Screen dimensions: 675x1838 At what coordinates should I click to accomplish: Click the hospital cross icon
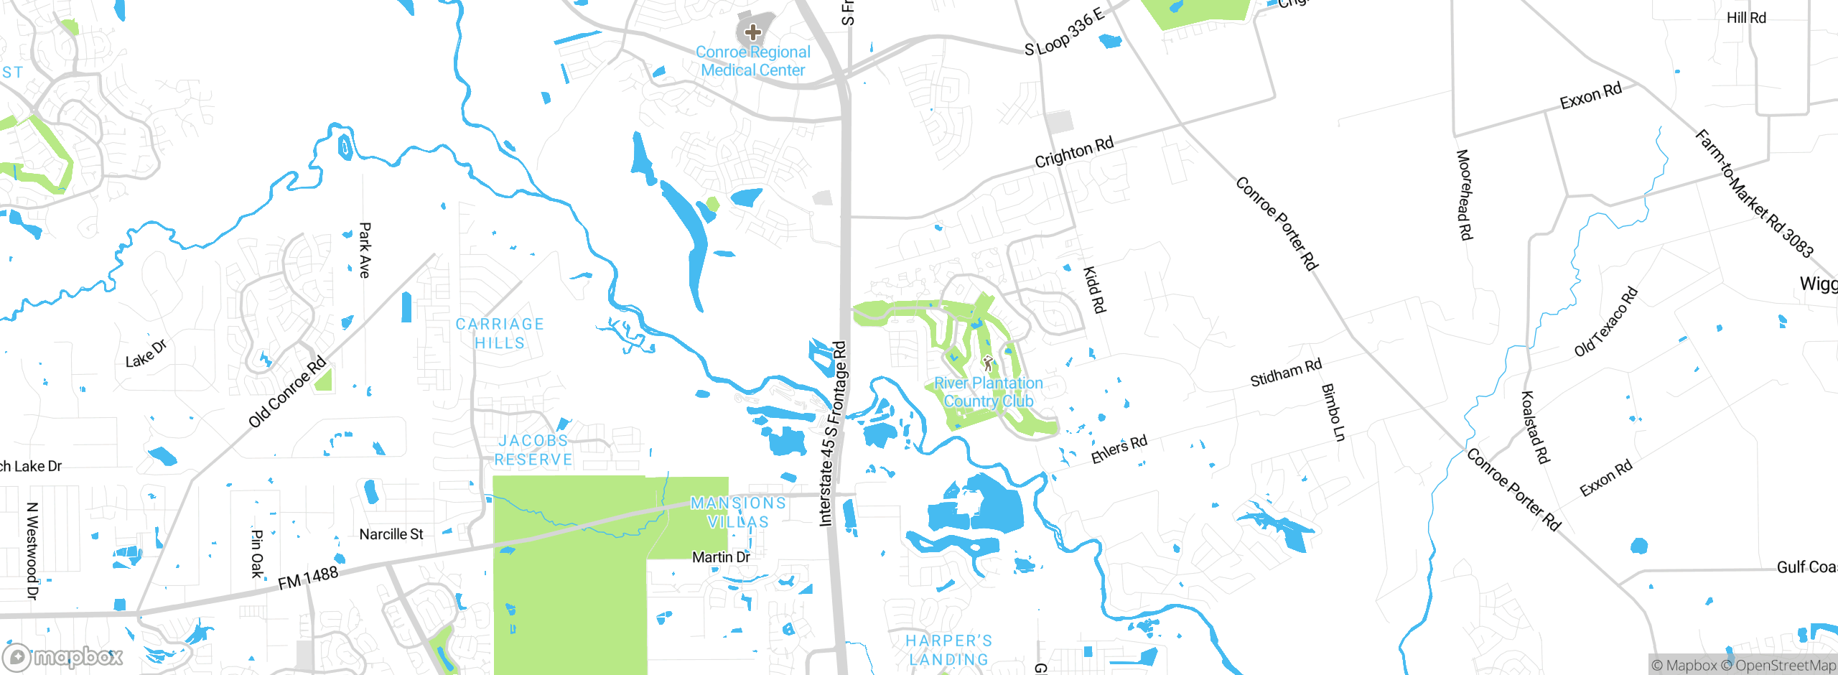click(x=752, y=32)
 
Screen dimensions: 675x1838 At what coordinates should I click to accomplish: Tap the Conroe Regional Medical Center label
click(x=752, y=61)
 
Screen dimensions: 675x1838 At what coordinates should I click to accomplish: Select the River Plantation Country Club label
click(x=988, y=392)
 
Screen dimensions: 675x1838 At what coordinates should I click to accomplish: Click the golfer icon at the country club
click(x=988, y=363)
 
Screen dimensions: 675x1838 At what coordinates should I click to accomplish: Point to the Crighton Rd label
click(x=1073, y=152)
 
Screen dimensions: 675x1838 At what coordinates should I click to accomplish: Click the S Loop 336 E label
click(x=1063, y=34)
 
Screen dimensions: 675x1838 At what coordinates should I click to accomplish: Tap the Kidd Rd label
click(x=1094, y=289)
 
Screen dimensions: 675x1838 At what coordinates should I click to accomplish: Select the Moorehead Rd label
click(x=1464, y=195)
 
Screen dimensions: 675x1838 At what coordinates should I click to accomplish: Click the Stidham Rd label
click(x=1285, y=373)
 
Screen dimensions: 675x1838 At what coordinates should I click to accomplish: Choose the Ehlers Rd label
click(x=1119, y=450)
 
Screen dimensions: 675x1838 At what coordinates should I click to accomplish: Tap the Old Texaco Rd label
click(x=1605, y=322)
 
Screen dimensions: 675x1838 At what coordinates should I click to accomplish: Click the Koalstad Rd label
click(x=1535, y=427)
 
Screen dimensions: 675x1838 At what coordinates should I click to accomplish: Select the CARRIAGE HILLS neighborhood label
click(x=500, y=334)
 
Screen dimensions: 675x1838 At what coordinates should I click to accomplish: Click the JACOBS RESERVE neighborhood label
click(x=533, y=450)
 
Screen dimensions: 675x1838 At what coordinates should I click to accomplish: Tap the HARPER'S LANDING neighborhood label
click(x=948, y=650)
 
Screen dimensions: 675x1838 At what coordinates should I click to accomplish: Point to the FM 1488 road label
click(x=308, y=578)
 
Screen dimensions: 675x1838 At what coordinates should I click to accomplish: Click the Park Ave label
click(x=365, y=250)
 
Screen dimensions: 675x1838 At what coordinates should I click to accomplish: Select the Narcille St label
click(x=391, y=534)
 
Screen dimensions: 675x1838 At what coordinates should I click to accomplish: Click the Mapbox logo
click(x=63, y=656)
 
